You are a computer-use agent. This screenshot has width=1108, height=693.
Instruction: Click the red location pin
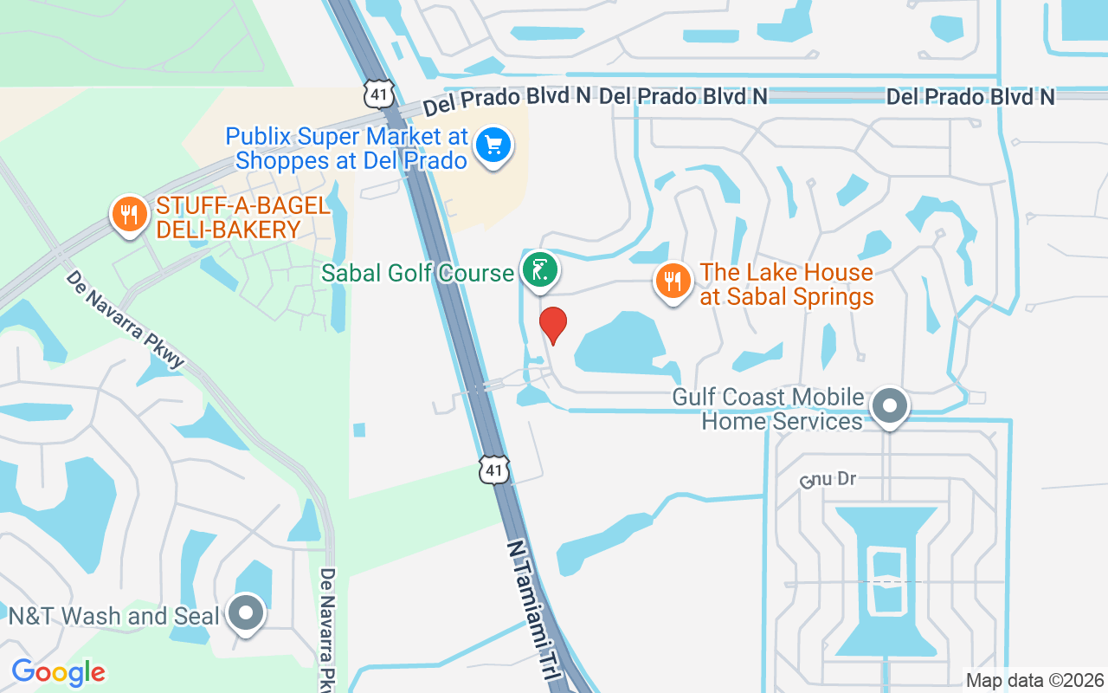tap(553, 325)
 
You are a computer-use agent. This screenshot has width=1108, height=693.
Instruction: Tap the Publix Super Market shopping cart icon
tap(494, 145)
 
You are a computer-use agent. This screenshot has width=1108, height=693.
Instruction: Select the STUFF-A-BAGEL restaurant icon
tap(129, 213)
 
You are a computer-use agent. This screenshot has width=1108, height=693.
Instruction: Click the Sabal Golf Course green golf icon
tap(539, 271)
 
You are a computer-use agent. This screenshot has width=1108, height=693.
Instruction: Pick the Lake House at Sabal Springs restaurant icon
tap(671, 281)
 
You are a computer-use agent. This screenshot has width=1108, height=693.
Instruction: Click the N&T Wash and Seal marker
tap(246, 613)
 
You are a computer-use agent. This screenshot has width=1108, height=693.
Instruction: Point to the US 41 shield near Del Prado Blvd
tap(379, 94)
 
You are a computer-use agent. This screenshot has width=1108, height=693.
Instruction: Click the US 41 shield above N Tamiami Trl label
tap(493, 469)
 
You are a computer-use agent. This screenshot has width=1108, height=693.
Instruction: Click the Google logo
tap(58, 672)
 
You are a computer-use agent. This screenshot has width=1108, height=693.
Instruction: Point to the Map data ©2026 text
tap(1034, 681)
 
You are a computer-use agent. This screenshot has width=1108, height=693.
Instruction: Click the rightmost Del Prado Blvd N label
tap(970, 97)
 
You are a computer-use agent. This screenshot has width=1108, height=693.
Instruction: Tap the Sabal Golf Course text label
tap(417, 274)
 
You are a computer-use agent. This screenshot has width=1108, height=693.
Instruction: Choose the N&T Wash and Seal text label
tap(113, 616)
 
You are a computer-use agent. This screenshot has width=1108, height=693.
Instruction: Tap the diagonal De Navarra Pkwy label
tap(126, 319)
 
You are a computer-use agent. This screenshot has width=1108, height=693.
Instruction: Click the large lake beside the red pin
tap(622, 345)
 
